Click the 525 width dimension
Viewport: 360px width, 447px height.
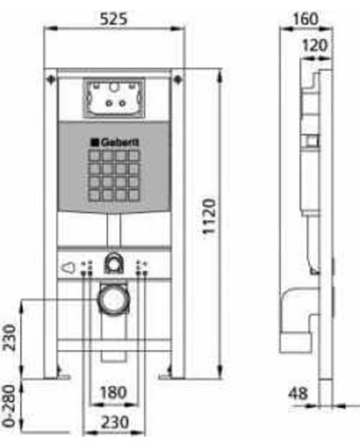coord(114,18)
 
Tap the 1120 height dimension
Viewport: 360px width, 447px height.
coord(210,216)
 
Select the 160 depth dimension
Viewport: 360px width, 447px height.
coord(306,18)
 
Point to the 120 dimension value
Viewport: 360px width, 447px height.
coord(315,45)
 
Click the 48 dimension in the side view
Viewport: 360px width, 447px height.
coord(297,393)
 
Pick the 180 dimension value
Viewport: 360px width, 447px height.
coord(114,393)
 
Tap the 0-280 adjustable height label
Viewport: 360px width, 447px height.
coord(9,406)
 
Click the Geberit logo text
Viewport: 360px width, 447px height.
coord(114,142)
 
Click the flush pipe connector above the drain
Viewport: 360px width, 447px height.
coord(114,263)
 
